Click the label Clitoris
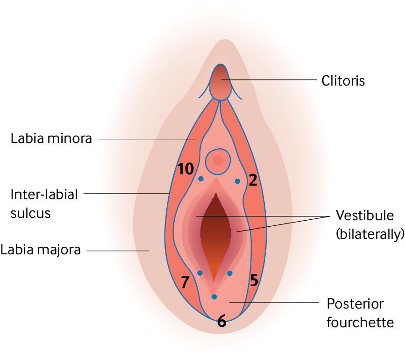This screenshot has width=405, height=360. [x=343, y=80]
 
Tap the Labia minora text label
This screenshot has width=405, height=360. [x=51, y=138]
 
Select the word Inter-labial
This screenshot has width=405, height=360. [x=44, y=194]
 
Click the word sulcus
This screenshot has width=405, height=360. [x=30, y=213]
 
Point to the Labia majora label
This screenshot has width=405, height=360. [x=41, y=250]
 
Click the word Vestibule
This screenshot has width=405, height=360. [x=365, y=215]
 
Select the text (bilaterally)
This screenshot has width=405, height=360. [x=370, y=234]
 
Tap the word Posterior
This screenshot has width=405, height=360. [x=355, y=303]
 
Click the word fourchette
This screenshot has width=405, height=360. [x=360, y=323]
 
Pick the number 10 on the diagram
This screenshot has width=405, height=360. [x=185, y=169]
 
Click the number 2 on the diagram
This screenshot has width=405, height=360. [x=253, y=180]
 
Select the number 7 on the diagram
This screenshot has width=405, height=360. [x=185, y=282]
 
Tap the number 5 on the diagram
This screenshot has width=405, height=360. [x=254, y=280]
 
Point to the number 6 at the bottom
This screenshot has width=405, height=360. [x=221, y=321]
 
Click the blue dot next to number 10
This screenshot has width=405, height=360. [x=201, y=179]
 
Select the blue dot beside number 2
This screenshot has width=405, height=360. [x=237, y=181]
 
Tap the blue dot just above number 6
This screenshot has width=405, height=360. [x=214, y=297]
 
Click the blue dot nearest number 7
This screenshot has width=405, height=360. [x=199, y=273]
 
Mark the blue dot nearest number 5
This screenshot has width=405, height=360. [x=230, y=273]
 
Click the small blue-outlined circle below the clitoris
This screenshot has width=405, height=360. [x=218, y=161]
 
